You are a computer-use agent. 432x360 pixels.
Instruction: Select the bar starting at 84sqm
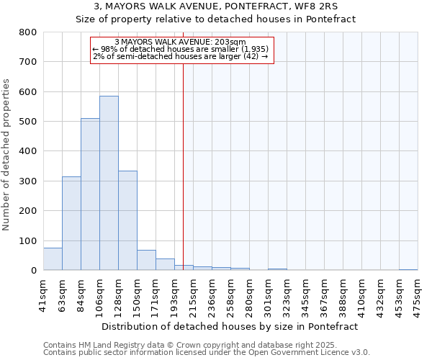point(90,194)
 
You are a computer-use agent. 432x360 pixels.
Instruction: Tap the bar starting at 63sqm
point(71,223)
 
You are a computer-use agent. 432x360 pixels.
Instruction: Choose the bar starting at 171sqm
point(165,264)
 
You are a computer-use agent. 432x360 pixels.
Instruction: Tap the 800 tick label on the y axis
point(28,32)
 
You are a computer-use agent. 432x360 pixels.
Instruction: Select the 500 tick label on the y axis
point(28,122)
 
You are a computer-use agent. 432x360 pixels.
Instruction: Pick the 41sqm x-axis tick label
point(43,294)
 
